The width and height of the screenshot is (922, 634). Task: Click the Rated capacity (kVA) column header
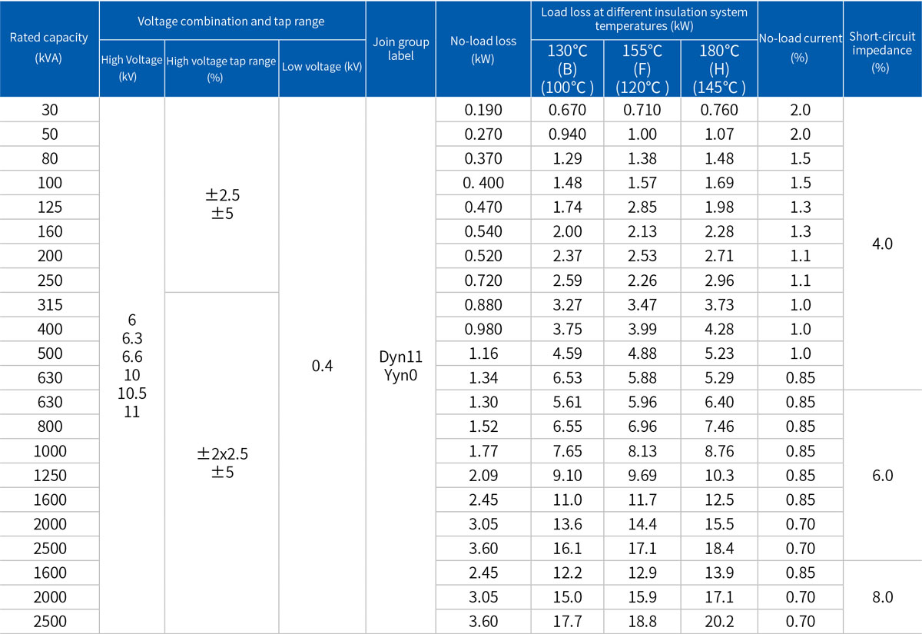coord(49,48)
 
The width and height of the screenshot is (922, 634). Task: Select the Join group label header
coord(401,48)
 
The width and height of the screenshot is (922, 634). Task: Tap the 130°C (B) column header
coord(567,68)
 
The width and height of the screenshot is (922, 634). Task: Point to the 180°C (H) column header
coord(719,68)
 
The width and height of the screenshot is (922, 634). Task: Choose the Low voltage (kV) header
coord(322,67)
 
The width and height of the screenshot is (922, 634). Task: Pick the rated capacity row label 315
coord(49,305)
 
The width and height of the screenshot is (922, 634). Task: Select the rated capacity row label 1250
coord(49,476)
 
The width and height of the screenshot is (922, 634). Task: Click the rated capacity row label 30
coord(49,110)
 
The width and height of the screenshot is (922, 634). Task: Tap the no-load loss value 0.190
coord(483,110)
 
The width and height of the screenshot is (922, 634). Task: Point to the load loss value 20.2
coord(719,622)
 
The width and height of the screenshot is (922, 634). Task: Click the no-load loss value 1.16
coord(483,354)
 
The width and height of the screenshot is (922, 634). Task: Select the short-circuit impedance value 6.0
coord(882,476)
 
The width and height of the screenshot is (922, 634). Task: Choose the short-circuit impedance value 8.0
coord(882,597)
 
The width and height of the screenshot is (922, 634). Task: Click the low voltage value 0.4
coord(322,366)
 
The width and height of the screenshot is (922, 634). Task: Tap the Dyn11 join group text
coord(401,357)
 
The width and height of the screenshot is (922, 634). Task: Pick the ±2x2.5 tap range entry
coord(222,454)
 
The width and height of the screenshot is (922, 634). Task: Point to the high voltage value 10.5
coord(131,393)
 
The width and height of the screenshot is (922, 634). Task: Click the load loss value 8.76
coord(719,451)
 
